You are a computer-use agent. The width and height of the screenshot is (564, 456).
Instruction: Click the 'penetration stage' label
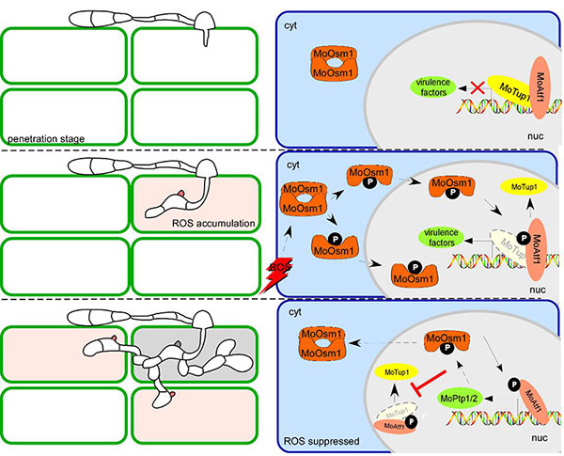coord(43,138)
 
